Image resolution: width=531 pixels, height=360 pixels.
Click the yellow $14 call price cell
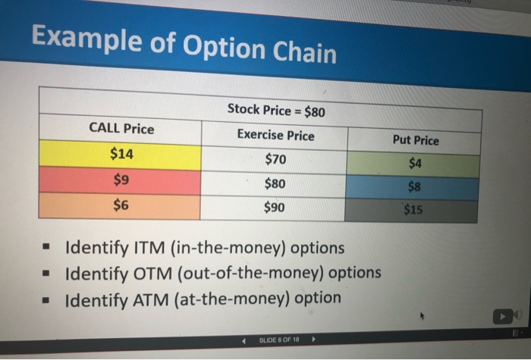tap(120, 155)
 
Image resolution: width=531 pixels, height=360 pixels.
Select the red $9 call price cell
tap(120, 180)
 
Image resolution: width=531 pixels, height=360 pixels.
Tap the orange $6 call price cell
tap(120, 205)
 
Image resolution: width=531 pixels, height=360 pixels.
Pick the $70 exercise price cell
tap(275, 159)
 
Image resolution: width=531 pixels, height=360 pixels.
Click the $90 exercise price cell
tap(272, 208)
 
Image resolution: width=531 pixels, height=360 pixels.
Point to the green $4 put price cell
tap(413, 164)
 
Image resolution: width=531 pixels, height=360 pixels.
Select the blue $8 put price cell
tap(413, 187)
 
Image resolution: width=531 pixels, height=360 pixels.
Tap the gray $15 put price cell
tap(411, 210)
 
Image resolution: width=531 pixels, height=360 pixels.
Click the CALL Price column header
tap(121, 129)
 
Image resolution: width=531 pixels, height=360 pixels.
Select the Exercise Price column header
tap(275, 135)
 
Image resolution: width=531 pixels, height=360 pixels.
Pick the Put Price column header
tap(416, 140)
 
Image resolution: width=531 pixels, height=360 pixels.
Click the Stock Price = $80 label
tap(276, 110)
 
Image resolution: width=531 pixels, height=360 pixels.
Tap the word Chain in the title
tap(304, 52)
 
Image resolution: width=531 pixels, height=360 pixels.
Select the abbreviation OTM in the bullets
tap(152, 274)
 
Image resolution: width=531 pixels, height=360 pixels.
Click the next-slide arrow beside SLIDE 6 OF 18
tap(313, 339)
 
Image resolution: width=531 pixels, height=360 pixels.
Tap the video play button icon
tap(502, 317)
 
